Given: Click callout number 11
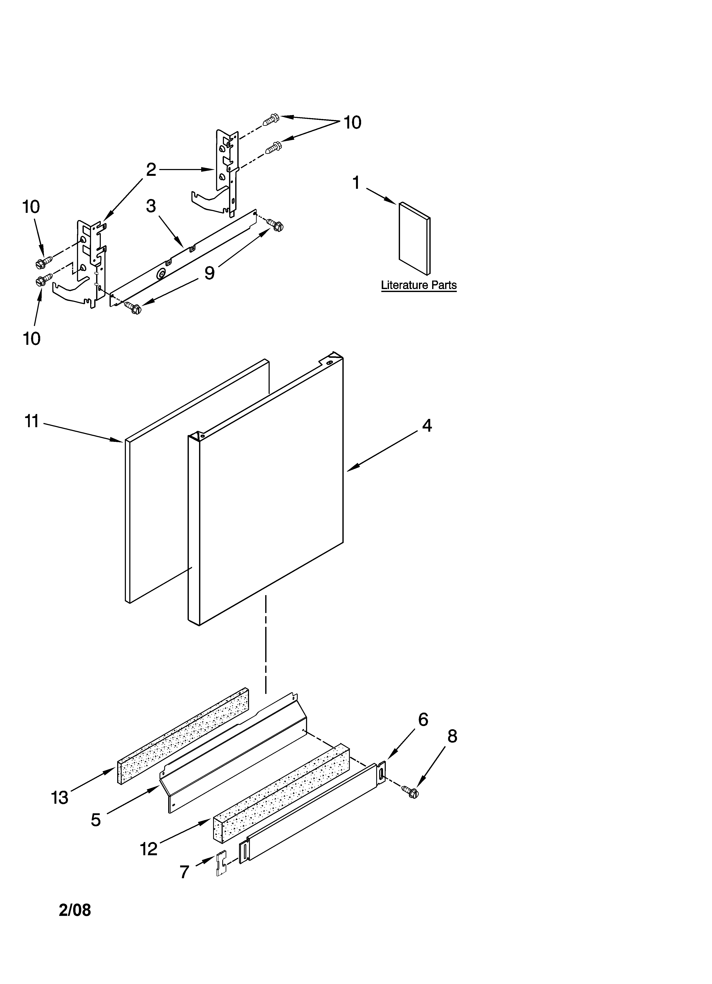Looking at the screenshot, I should (x=32, y=421).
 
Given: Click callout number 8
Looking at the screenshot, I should (x=452, y=736).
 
